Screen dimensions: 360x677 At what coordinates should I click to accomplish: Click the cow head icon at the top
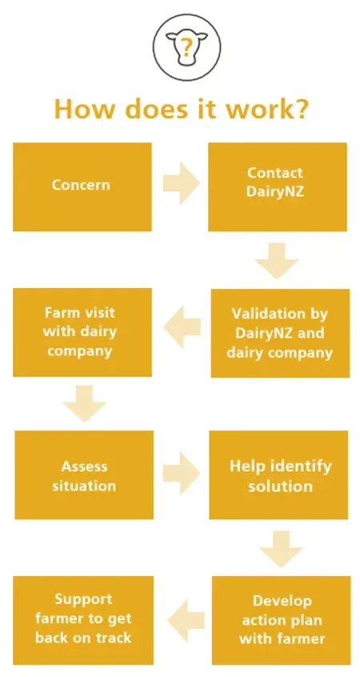(186, 46)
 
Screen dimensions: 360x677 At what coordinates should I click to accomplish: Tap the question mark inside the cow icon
(186, 46)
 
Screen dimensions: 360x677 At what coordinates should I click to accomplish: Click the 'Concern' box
(82, 186)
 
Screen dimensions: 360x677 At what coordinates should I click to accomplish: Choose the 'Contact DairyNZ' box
(277, 186)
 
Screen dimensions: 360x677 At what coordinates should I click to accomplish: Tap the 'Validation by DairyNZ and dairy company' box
(280, 333)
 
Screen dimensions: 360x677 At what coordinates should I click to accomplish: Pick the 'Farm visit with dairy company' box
(82, 332)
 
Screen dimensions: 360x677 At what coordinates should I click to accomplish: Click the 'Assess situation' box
(84, 475)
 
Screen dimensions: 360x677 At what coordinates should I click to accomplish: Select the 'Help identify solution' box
(278, 475)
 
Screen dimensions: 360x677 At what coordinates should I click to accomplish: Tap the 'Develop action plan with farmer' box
(281, 620)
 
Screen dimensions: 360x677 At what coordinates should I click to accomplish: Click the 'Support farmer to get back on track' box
(83, 620)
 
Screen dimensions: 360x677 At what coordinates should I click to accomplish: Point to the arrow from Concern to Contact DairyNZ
(181, 183)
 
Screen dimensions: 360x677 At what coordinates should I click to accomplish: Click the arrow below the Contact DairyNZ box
(277, 261)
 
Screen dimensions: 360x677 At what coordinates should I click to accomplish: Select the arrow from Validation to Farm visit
(182, 326)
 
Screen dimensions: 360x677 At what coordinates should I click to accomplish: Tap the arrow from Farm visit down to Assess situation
(84, 403)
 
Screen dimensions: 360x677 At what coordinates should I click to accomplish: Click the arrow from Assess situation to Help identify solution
(181, 473)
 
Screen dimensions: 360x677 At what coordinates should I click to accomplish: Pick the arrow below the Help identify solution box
(281, 549)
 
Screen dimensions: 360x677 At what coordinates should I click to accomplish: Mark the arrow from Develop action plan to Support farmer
(186, 620)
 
